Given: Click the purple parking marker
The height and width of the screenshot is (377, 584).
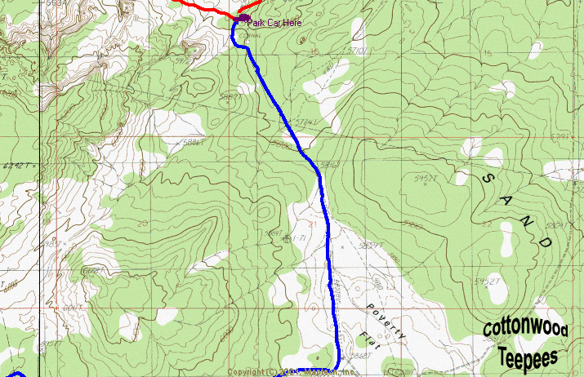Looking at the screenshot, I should (243, 16).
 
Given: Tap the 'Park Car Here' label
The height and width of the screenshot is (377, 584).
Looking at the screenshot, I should (274, 23).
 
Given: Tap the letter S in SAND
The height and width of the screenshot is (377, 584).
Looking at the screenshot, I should (488, 179).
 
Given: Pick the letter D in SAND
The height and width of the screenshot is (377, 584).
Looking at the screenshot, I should (544, 242).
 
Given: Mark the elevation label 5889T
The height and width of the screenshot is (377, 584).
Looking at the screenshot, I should (232, 95).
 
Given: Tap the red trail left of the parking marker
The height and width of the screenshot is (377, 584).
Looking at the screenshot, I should (204, 7).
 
